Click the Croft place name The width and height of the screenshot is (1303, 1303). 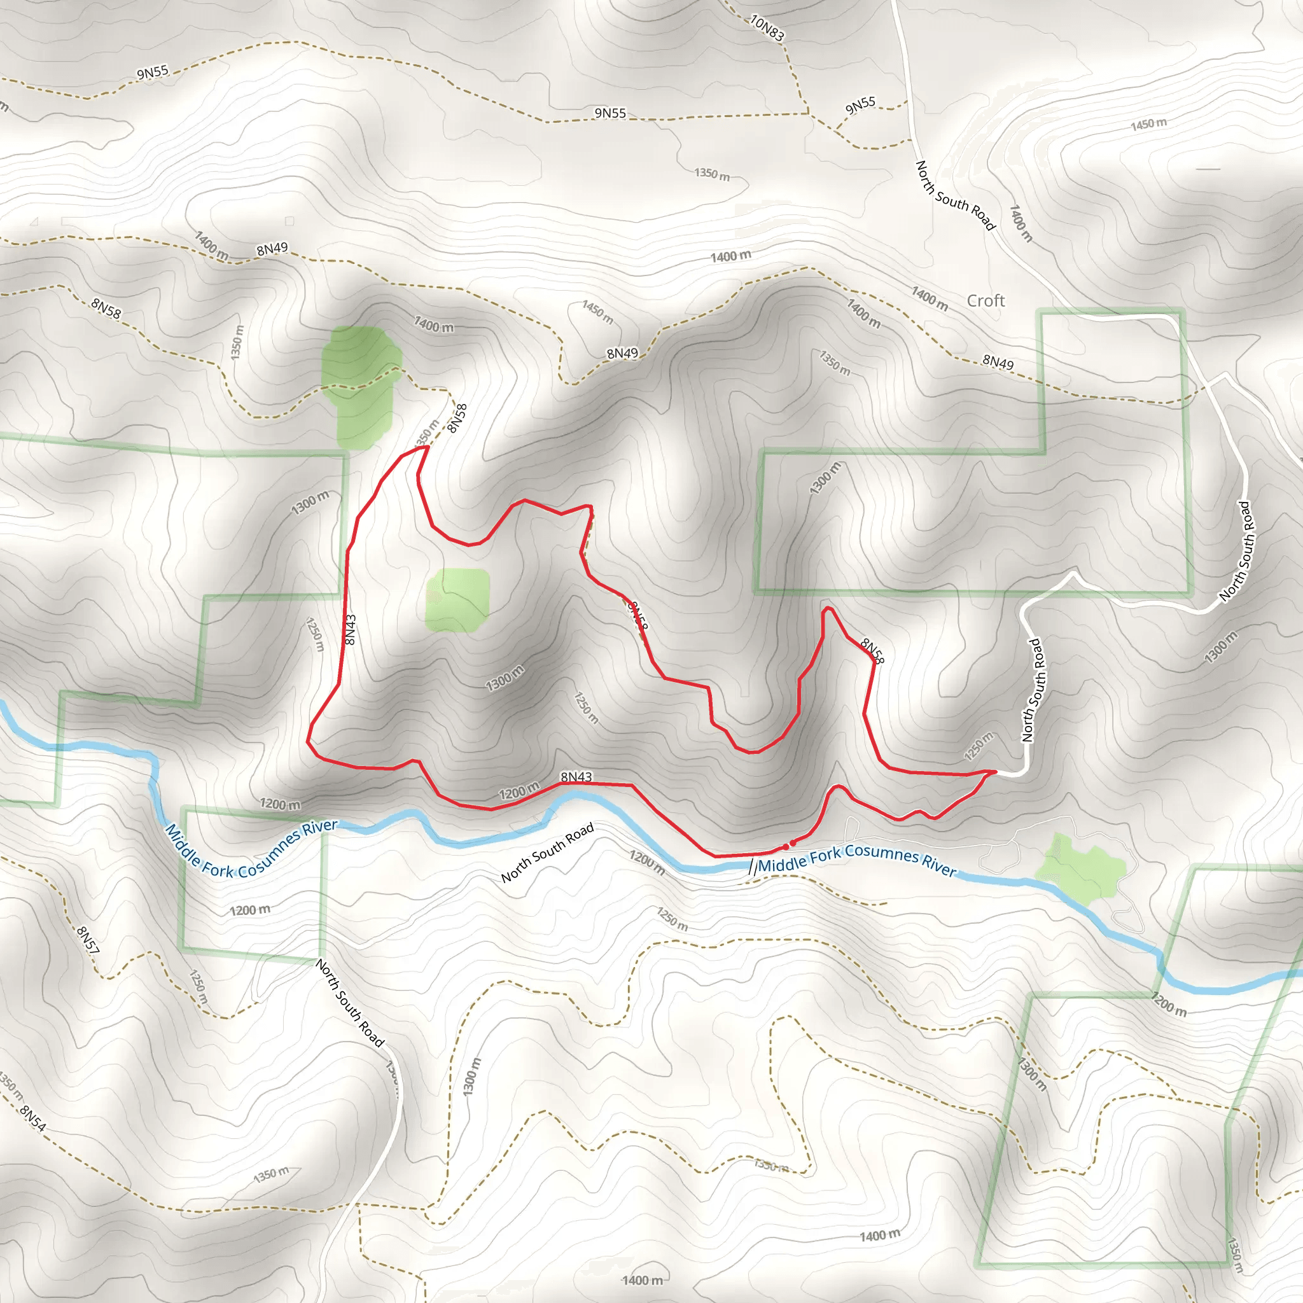(x=986, y=301)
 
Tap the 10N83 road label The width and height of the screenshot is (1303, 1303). (x=767, y=29)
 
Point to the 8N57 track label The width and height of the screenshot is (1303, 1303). (x=88, y=940)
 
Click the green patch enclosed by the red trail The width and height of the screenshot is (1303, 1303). (x=457, y=600)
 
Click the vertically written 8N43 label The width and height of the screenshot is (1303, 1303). (x=349, y=629)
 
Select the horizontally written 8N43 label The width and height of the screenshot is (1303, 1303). (x=576, y=777)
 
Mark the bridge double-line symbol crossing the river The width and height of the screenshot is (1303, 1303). (x=752, y=867)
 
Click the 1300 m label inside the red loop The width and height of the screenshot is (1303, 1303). (x=505, y=678)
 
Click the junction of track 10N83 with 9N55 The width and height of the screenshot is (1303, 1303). (x=808, y=113)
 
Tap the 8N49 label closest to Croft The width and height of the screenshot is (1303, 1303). (x=998, y=363)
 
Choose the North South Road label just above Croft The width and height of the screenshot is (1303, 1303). (x=955, y=195)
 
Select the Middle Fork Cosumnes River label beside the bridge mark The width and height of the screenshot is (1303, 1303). (x=856, y=860)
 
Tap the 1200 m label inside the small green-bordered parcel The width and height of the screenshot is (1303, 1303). (x=249, y=910)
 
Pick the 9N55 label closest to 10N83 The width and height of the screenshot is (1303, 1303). (x=861, y=105)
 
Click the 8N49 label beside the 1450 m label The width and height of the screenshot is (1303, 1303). (x=622, y=353)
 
